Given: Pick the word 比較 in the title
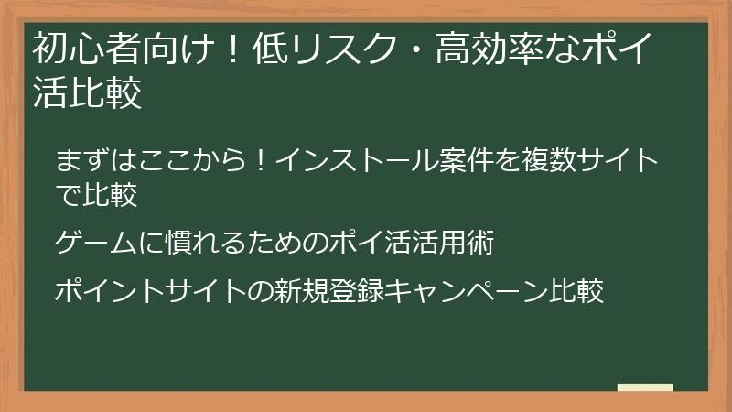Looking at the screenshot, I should [105, 93].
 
